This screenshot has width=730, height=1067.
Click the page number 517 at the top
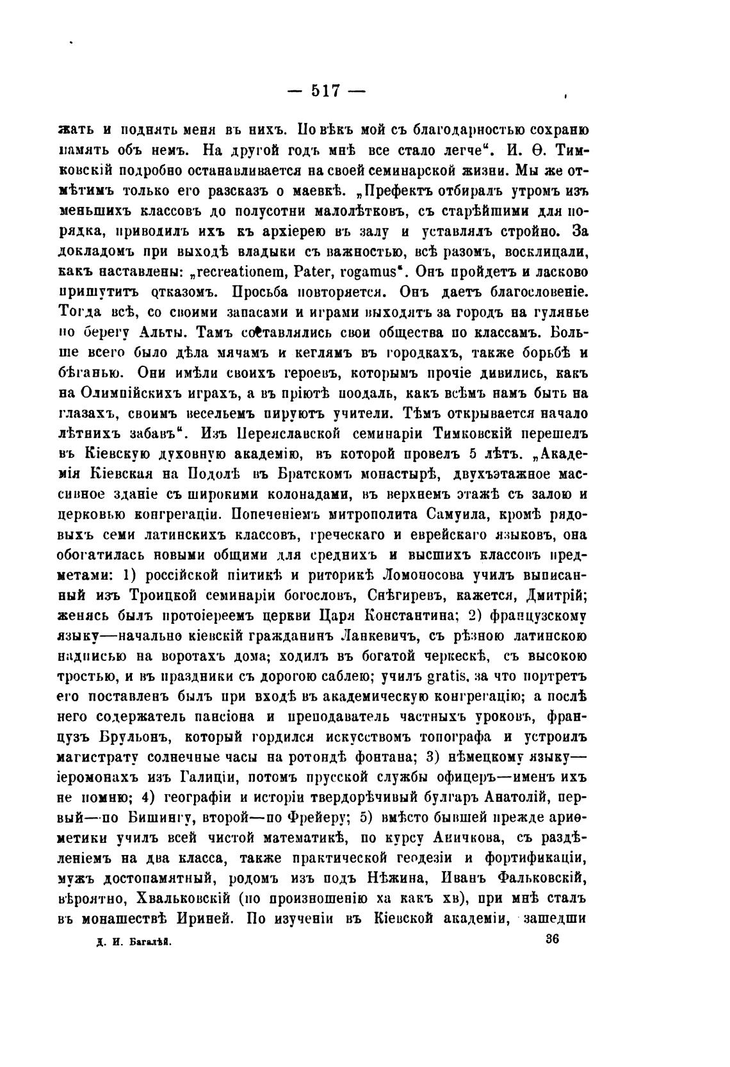point(327,90)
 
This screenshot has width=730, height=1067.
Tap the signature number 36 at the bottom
point(551,939)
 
